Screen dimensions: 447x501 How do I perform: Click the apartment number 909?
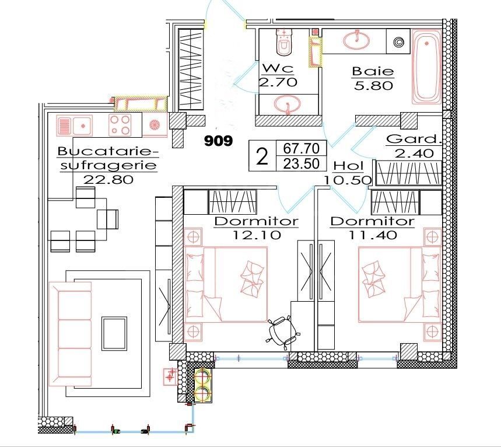point(218,141)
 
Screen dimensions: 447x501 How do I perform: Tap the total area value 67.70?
point(296,149)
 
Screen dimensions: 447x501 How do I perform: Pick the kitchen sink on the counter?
point(73,124)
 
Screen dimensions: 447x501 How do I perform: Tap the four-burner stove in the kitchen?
point(120,124)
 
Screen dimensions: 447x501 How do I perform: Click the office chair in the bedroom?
point(281,330)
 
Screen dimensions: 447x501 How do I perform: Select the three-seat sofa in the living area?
point(70,334)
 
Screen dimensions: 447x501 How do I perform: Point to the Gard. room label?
point(412,140)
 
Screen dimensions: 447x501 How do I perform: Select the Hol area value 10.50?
point(348,180)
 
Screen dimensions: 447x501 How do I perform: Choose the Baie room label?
point(373,72)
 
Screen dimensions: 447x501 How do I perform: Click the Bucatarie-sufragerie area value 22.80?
point(108,179)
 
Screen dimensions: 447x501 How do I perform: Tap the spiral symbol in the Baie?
point(400,43)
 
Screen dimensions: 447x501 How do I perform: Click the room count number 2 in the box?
point(262,156)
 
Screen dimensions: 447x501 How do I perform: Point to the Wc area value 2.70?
point(278,82)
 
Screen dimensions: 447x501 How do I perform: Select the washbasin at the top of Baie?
point(355,40)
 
